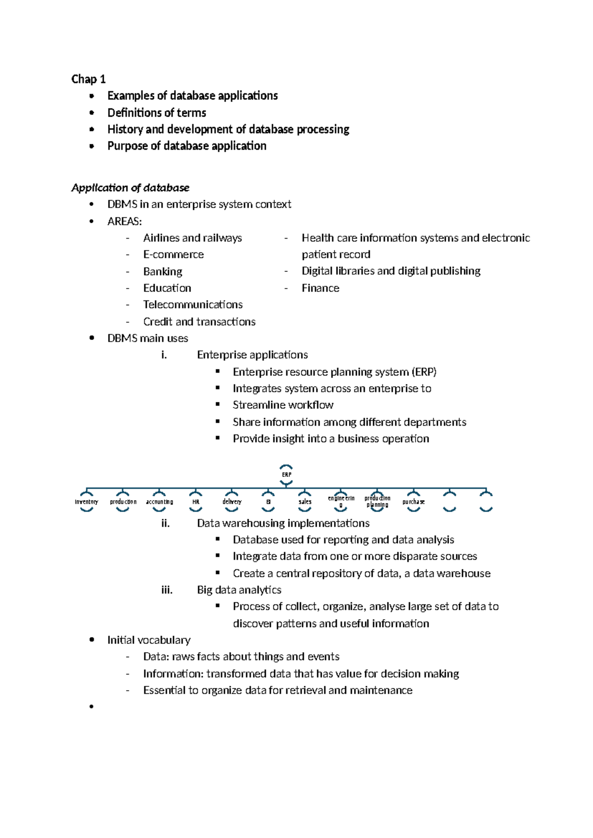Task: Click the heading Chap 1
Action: (88, 79)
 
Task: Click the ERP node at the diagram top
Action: (286, 474)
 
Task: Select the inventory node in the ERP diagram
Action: (86, 502)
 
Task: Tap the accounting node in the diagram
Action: (159, 502)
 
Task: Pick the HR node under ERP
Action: (196, 502)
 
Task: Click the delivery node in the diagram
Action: (232, 502)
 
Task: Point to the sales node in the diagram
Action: (305, 502)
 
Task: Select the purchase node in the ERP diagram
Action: (413, 502)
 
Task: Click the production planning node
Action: (378, 502)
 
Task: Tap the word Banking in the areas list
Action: (163, 272)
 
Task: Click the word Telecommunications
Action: (193, 304)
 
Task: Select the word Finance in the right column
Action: (320, 288)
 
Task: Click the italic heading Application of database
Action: (130, 188)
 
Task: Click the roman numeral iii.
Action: (167, 590)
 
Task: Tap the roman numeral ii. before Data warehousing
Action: (166, 523)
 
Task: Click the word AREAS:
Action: (125, 221)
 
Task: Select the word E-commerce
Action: (173, 254)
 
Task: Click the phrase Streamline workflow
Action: (283, 405)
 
